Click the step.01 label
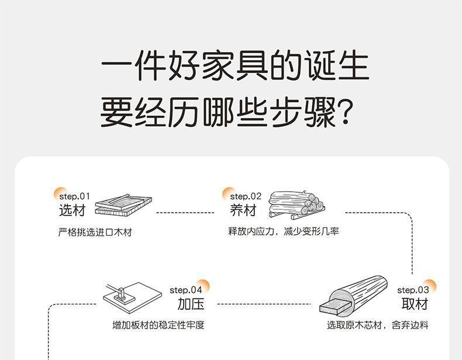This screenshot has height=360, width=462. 75,196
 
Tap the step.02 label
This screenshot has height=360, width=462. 246,196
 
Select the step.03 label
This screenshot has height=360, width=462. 413,290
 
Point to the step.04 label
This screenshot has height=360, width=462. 186,290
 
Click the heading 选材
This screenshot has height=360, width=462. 72,210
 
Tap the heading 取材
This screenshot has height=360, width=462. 415,304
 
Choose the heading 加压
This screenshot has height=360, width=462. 191,304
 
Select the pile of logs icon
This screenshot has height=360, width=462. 295,203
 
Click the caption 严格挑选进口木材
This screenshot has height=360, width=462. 95,232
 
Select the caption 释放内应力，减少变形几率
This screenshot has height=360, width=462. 283,231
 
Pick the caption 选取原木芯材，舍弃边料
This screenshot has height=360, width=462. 377,325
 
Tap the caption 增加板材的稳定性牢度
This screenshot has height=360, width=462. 158,325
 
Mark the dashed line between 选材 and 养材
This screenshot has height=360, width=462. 185,213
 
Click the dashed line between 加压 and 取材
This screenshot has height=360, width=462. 263,304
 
